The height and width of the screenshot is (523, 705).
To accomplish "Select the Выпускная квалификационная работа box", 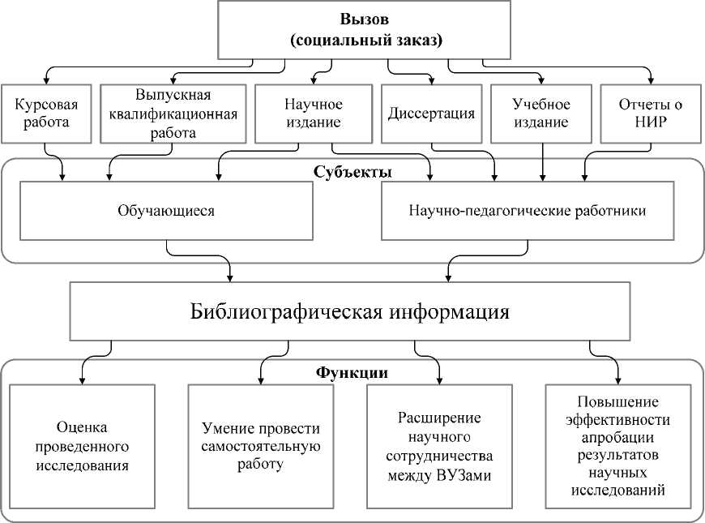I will pyautogui.click(x=173, y=114).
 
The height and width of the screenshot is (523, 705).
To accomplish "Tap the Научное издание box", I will pyautogui.click(x=313, y=114).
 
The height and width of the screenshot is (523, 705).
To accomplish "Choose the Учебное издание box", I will pyautogui.click(x=541, y=114).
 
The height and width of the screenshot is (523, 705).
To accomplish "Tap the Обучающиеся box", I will pyautogui.click(x=167, y=211).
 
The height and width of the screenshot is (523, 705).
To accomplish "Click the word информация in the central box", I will pyautogui.click(x=449, y=311).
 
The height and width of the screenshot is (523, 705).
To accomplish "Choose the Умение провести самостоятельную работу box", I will pyautogui.click(x=261, y=445).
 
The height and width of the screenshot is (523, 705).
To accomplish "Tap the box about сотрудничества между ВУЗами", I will pyautogui.click(x=439, y=445).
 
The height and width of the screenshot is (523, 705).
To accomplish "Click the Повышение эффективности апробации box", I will pyautogui.click(x=618, y=445).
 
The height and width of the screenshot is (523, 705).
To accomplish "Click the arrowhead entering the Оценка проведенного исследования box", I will pyautogui.click(x=82, y=379).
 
